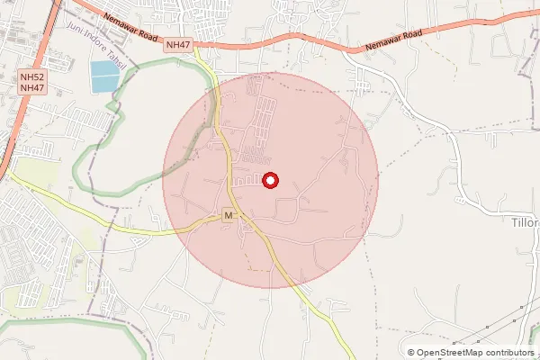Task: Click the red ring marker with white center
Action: pos(270,181)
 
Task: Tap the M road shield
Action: pos(229,216)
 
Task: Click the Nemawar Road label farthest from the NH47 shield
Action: pos(394,45)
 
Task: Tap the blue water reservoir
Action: pos(103,76)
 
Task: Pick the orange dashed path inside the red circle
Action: pos(261,268)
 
